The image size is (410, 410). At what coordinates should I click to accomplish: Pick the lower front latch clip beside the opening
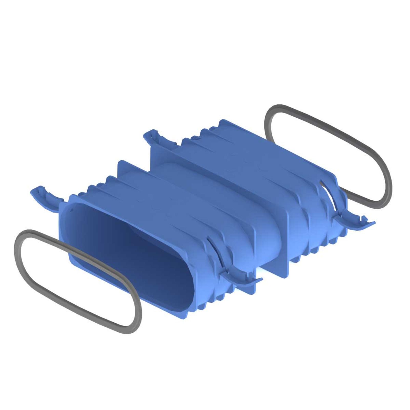241,277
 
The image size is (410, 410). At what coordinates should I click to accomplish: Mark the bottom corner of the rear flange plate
286,275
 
